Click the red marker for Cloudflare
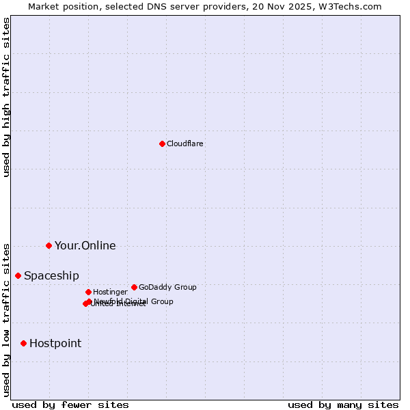tap(162, 143)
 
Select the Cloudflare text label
tap(184, 143)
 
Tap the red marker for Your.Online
tap(49, 245)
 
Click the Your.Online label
tap(85, 246)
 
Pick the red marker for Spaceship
tap(18, 275)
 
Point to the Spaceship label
tap(51, 276)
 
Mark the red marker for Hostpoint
tap(23, 343)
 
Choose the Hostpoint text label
tap(55, 344)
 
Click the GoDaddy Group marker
tap(134, 287)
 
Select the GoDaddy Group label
tap(167, 288)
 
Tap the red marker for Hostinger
tap(88, 292)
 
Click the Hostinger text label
tap(110, 292)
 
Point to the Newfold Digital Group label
tap(134, 301)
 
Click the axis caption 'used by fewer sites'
tap(70, 405)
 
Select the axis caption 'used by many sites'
tap(343, 405)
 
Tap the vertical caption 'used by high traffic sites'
tap(6, 97)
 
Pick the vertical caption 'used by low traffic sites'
tap(6, 320)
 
